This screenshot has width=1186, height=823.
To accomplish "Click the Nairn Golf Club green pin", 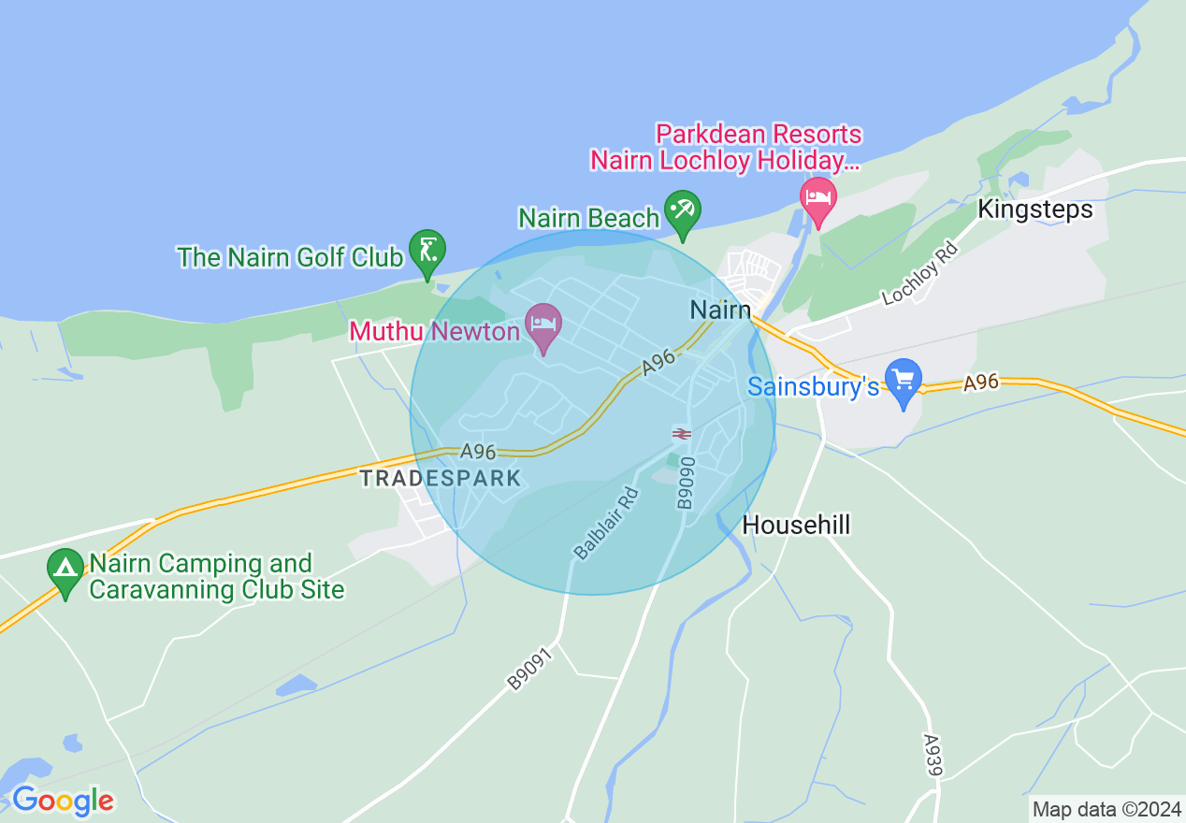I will click(x=427, y=252).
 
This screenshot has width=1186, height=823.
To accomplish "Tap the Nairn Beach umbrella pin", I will click(x=682, y=211).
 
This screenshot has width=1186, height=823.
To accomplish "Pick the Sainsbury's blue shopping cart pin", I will click(x=904, y=381).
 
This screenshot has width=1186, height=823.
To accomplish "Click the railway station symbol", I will click(x=681, y=434).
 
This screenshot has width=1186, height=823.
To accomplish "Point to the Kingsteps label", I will click(x=1034, y=209).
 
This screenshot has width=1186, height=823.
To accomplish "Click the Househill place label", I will click(x=796, y=526).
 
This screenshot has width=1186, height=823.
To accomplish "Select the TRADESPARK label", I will click(x=441, y=479).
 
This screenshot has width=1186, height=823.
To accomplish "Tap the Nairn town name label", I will click(x=720, y=310).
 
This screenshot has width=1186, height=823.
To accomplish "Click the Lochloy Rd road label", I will click(x=920, y=273).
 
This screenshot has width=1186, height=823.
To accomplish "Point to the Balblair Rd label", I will click(x=606, y=524).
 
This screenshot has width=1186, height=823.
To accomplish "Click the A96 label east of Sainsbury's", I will click(x=981, y=382).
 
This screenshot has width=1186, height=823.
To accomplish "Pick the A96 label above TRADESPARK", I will click(x=478, y=452).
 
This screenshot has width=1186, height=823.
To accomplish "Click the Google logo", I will click(x=63, y=801).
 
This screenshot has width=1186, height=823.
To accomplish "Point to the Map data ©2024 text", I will click(x=1105, y=809).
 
